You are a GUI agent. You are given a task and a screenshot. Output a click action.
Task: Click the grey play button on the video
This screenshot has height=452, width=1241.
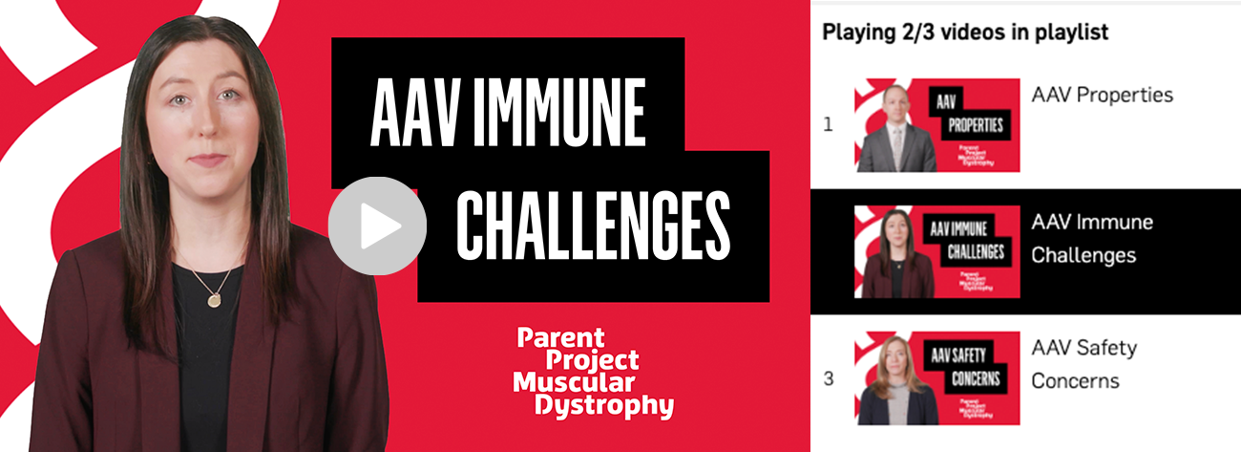377,226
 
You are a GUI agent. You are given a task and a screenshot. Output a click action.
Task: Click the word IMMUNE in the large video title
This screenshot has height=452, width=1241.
559,112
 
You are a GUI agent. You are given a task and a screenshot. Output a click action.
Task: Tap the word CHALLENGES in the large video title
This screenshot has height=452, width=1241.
593,226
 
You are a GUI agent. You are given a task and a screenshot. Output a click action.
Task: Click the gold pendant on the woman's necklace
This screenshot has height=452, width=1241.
214,301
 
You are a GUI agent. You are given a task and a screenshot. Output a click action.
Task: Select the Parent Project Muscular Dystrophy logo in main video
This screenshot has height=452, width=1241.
594,373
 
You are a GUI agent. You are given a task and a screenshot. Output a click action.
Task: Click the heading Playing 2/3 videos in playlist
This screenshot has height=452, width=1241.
965,32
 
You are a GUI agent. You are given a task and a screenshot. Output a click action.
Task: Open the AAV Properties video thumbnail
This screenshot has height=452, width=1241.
936,125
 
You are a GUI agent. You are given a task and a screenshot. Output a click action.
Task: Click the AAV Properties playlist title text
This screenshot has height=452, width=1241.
1102,95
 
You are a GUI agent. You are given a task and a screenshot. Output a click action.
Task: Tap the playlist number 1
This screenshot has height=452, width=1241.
829,124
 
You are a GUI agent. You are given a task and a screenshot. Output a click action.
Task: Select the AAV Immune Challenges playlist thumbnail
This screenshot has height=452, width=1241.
936,251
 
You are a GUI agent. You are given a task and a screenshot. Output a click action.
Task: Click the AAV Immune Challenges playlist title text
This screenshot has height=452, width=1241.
1092,239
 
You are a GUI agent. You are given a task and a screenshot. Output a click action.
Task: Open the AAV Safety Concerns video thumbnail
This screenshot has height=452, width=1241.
936,378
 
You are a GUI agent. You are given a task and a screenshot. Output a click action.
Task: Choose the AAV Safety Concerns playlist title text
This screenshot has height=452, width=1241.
1084,364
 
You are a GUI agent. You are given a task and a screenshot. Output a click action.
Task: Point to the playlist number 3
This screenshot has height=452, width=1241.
829,378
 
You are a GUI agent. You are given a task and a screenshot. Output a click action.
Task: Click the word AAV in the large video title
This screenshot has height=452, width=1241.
415,112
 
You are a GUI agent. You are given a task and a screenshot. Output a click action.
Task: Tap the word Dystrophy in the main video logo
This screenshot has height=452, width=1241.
604,406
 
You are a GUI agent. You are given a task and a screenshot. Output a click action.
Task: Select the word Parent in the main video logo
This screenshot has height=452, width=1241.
560,337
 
